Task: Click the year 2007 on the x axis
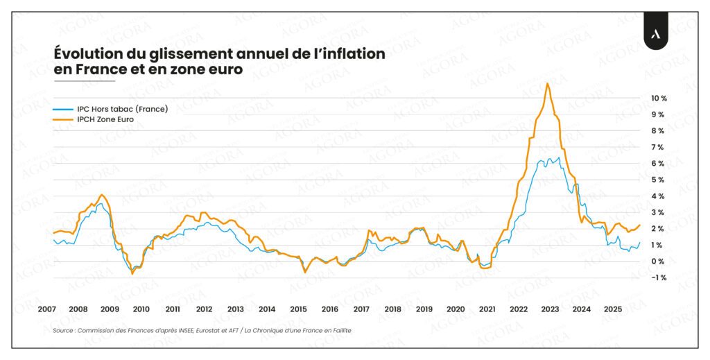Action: (46, 309)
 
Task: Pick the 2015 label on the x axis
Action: (298, 309)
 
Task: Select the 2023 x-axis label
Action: (550, 309)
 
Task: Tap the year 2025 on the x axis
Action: (613, 309)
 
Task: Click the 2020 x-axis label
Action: (456, 309)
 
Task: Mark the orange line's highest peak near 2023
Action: (548, 84)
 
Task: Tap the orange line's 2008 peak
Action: (102, 195)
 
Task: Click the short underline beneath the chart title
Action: (84, 81)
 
